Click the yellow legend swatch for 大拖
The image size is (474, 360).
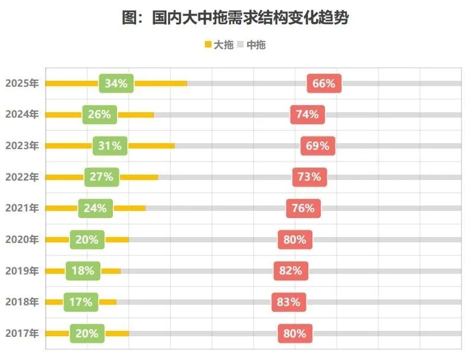208,45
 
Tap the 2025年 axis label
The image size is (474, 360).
22,83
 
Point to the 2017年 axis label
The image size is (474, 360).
22,333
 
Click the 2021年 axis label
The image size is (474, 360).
22,208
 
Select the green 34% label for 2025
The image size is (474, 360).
116,83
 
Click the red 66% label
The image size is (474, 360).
324,83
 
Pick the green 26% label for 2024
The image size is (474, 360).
99,114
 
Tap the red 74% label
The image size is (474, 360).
307,114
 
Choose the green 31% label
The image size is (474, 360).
110,146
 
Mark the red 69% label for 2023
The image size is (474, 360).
318,146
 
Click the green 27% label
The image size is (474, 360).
102,176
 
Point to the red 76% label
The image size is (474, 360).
304,208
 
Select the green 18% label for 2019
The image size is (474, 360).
83,271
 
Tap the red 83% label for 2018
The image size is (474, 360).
289,302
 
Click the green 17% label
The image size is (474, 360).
81,302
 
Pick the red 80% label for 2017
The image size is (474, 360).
295,333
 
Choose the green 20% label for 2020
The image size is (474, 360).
87,239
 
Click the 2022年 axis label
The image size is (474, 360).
22,176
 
